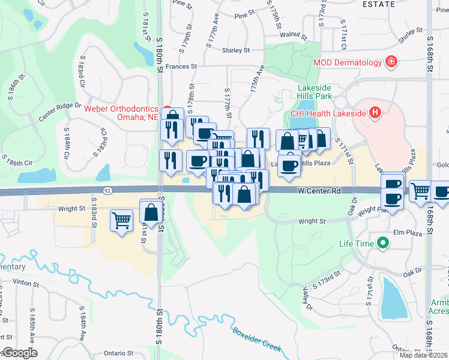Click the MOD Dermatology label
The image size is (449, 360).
(346, 62)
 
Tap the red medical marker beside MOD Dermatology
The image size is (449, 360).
(391, 62)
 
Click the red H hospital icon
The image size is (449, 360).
(375, 112)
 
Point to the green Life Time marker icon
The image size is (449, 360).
(382, 244)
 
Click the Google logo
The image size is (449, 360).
(20, 353)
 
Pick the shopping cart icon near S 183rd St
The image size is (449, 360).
(121, 220)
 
